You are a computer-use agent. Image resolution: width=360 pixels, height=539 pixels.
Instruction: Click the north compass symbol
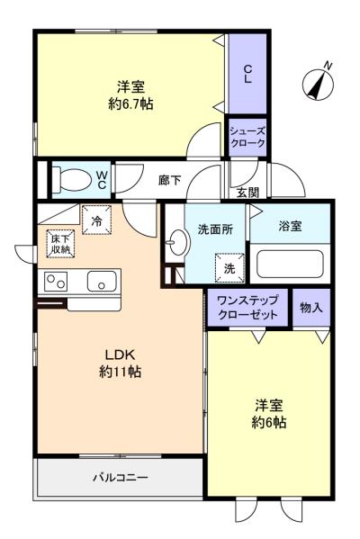(318, 83)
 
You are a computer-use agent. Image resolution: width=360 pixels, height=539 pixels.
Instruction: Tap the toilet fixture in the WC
(71, 178)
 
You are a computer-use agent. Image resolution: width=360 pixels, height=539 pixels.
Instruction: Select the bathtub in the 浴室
(290, 264)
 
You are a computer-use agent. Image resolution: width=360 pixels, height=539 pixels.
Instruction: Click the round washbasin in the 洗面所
(178, 242)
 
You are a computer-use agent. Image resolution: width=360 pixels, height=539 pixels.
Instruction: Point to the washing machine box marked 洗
(229, 268)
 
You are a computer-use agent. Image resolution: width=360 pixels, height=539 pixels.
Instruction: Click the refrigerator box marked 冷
(96, 220)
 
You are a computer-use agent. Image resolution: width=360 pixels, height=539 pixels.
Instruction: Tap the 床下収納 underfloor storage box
(61, 244)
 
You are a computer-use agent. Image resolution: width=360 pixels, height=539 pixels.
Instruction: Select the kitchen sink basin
(102, 281)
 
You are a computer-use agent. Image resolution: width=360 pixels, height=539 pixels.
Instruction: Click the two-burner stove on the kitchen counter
(56, 282)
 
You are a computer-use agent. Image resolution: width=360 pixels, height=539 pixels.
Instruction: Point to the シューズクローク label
(247, 137)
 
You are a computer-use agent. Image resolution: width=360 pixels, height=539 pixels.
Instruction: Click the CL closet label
(247, 74)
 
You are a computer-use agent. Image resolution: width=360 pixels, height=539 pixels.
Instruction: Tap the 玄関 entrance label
(247, 193)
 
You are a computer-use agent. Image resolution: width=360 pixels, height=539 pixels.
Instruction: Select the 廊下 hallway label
(169, 180)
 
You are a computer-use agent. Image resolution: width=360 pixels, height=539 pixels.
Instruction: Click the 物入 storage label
(311, 308)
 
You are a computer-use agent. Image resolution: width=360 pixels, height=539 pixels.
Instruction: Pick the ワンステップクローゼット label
(247, 308)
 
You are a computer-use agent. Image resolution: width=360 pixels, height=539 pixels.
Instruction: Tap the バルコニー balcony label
(121, 478)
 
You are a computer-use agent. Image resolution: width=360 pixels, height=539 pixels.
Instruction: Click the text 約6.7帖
(130, 103)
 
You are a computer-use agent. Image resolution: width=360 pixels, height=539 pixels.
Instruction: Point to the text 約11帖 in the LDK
(120, 372)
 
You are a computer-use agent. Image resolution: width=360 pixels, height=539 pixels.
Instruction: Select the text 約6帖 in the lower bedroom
(269, 422)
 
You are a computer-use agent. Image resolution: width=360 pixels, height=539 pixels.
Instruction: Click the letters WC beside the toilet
(102, 180)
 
